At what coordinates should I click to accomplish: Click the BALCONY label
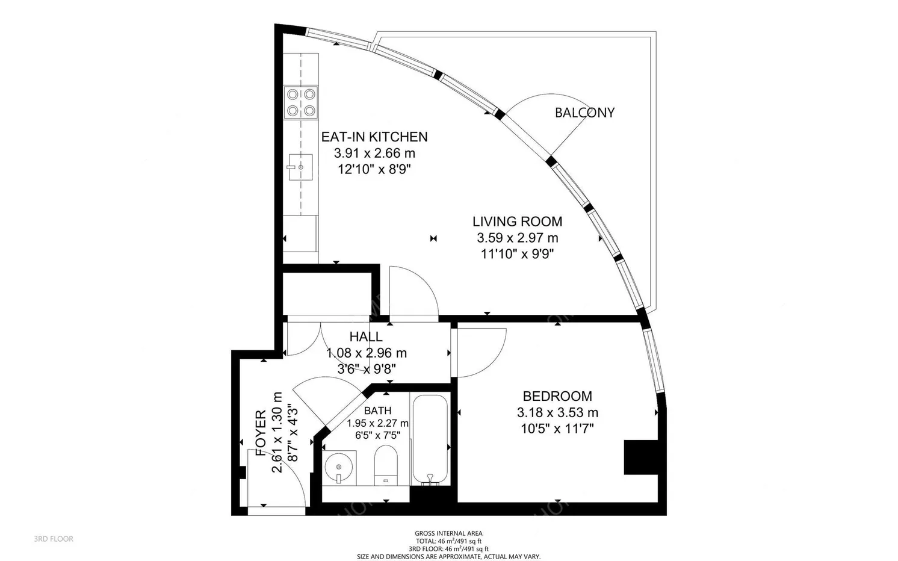(x=584, y=113)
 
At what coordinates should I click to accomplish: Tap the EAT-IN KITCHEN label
(x=374, y=137)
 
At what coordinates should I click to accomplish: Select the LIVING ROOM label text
(x=517, y=222)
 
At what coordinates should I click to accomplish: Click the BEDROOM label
(x=557, y=396)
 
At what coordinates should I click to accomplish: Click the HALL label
(x=365, y=337)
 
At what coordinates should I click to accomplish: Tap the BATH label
(x=377, y=411)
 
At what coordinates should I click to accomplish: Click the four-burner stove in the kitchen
(x=301, y=102)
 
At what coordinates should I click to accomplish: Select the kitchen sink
(x=300, y=167)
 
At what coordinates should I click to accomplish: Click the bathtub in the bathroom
(x=429, y=439)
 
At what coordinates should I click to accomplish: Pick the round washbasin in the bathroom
(x=339, y=467)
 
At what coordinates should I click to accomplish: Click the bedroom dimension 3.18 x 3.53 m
(x=557, y=413)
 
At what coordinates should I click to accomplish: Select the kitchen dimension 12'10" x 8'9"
(x=374, y=170)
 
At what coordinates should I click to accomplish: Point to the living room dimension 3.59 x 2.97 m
(x=517, y=238)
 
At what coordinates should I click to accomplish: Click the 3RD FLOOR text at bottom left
(x=54, y=539)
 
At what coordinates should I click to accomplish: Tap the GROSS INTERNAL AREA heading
(x=448, y=533)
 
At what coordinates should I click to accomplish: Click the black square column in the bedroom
(x=640, y=457)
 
